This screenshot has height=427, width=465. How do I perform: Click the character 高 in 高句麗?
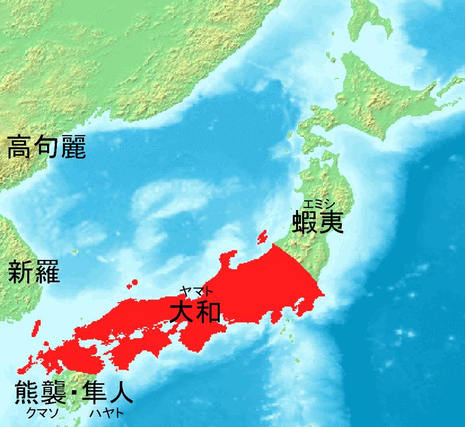19,150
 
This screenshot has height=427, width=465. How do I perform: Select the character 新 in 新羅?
19,271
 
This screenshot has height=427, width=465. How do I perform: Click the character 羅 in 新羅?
46,271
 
